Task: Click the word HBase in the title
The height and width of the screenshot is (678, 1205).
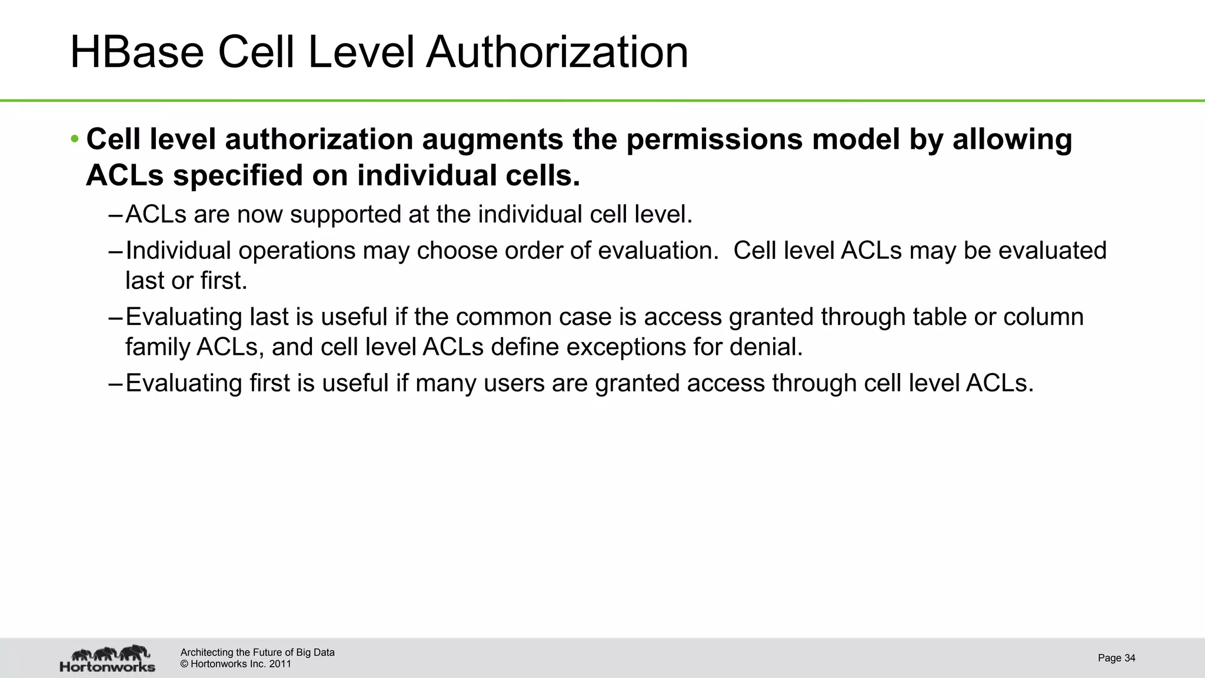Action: click(137, 53)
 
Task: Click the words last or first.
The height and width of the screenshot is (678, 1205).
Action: click(186, 281)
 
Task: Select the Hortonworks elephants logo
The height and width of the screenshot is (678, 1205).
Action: click(108, 658)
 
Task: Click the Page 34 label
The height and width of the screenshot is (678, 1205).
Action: click(1116, 658)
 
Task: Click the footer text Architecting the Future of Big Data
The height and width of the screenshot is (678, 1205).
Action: click(257, 652)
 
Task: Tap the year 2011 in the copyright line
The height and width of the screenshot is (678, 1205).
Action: click(280, 664)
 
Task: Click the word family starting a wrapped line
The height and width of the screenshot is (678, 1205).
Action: click(157, 347)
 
